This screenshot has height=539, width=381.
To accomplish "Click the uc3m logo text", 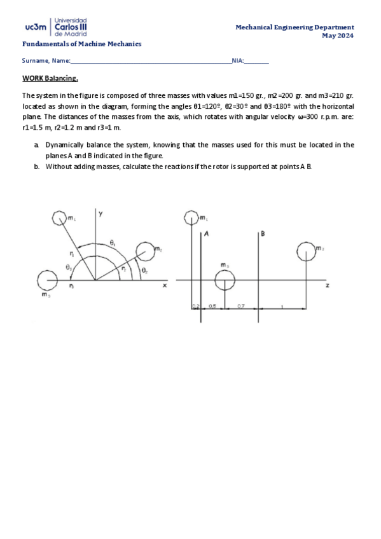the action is point(35,28).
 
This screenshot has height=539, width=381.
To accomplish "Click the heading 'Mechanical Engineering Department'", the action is point(294,27).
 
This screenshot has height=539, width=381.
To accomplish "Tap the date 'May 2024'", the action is point(338,36).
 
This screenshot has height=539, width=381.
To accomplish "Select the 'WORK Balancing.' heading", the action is point(50,79).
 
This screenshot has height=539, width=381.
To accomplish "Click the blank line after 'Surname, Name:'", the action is point(151,61).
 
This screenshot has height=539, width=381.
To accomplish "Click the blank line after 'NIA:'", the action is point(256,61).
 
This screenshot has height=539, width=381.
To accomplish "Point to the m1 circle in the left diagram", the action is point(59,219).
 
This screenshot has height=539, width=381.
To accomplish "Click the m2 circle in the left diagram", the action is point(145,250).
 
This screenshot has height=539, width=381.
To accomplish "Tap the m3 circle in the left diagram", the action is point(46,279).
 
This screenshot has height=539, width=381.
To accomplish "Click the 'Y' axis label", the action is point(100,214).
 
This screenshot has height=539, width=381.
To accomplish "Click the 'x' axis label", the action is point(164,286).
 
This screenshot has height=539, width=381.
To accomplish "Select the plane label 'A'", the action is point(206,235).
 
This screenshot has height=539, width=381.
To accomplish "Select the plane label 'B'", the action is point(263,235).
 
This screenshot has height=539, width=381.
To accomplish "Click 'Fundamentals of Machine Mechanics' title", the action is point(82,44).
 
